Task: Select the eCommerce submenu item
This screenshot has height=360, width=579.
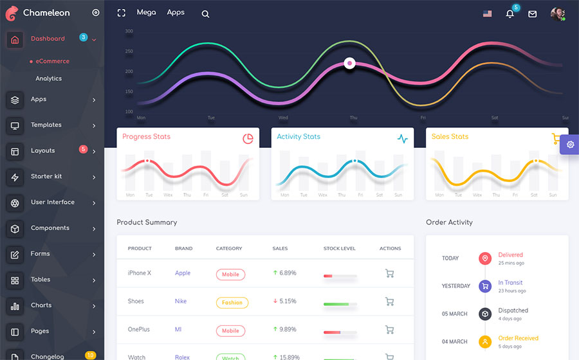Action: tap(52, 61)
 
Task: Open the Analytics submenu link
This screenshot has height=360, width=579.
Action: tap(49, 78)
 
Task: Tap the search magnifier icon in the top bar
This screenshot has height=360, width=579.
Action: tap(205, 14)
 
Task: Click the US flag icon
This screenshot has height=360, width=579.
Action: tap(488, 14)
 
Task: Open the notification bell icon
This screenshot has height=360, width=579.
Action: tap(510, 14)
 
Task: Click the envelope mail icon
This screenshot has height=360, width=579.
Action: tap(533, 14)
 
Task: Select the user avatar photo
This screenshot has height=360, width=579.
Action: tap(557, 14)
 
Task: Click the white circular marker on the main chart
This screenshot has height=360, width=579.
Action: tap(349, 63)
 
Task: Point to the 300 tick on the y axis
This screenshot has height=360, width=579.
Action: tap(129, 31)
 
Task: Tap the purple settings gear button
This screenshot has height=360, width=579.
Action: tap(570, 145)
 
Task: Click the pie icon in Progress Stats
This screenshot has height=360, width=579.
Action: tap(248, 139)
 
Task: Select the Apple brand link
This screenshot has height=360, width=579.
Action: tap(183, 273)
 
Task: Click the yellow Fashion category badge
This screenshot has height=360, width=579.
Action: tap(232, 302)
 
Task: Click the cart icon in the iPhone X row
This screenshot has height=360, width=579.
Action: tap(389, 273)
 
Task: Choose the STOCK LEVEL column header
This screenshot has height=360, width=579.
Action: tap(339, 248)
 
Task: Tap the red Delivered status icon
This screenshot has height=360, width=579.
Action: tap(485, 258)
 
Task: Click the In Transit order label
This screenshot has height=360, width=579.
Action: tap(510, 283)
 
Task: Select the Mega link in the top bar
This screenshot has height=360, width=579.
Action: tap(146, 12)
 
